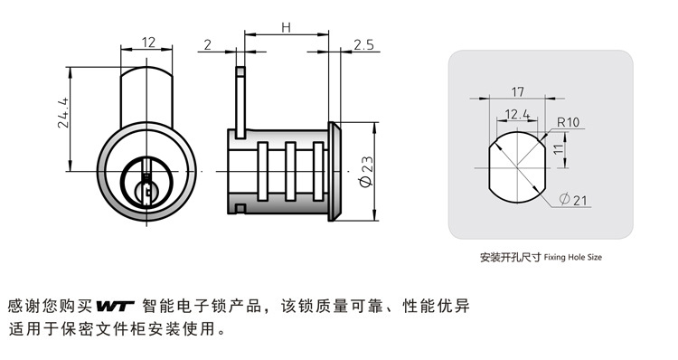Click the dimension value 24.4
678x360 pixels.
coord(63,112)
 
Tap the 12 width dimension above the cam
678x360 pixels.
coord(148,43)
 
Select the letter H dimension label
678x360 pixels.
coord(287,28)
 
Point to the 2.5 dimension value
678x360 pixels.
coord(363,44)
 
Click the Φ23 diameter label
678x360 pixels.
coord(366,172)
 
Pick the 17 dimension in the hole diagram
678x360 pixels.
coord(518,91)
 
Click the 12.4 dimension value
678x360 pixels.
coord(517,114)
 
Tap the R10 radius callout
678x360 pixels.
coord(568,122)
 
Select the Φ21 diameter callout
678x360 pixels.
coord(573,200)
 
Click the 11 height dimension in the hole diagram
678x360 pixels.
coord(559,149)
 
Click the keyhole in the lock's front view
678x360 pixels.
coord(146,184)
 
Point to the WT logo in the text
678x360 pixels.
coord(116,306)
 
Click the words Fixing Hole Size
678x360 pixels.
coord(572,258)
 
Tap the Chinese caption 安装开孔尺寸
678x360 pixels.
coord(510,258)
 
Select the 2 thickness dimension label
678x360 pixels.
coord(208,44)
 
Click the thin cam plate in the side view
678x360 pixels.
coord(240,102)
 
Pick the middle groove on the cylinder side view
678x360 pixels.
coord(290,172)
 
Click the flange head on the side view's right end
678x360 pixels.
coord(334,172)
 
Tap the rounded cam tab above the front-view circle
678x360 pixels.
coord(146,95)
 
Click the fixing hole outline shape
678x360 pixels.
coord(489,169)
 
